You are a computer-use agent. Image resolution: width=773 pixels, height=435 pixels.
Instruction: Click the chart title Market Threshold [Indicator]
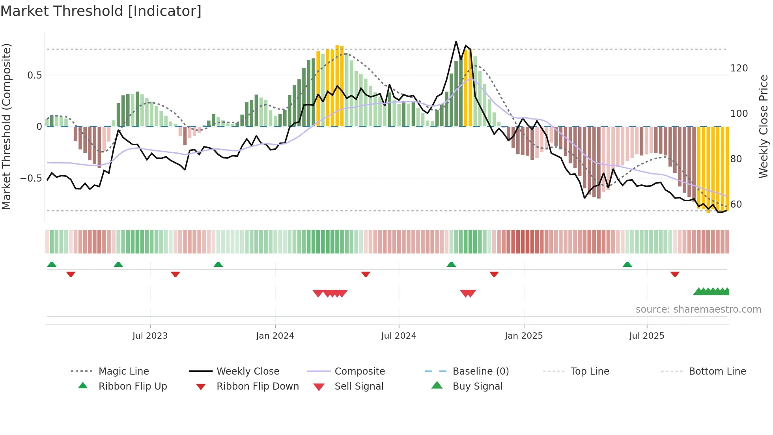[101, 11]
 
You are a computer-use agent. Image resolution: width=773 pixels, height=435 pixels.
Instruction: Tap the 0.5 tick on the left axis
[35, 75]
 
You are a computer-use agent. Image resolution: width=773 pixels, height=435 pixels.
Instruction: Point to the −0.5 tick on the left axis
[31, 178]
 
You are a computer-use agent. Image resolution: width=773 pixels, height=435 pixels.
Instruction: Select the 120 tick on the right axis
[739, 68]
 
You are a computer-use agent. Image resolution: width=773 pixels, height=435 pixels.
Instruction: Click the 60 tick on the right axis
[736, 204]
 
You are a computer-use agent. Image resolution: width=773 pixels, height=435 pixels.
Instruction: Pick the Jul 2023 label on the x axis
[150, 336]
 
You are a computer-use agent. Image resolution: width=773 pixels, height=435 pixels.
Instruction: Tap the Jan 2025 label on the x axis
[523, 336]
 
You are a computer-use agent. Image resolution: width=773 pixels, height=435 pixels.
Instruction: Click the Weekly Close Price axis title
[764, 126]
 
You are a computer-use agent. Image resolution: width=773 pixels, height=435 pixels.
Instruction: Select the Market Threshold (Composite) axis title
[7, 126]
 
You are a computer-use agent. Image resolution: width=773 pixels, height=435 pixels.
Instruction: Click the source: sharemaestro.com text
[698, 309]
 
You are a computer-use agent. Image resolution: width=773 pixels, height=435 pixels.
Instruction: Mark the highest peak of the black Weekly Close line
[456, 41]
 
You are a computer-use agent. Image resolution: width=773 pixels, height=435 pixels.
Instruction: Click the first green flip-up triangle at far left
[52, 264]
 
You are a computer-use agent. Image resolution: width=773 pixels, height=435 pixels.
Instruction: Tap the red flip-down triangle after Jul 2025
[675, 274]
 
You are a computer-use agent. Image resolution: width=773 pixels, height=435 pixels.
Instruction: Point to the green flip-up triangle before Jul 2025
[627, 264]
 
